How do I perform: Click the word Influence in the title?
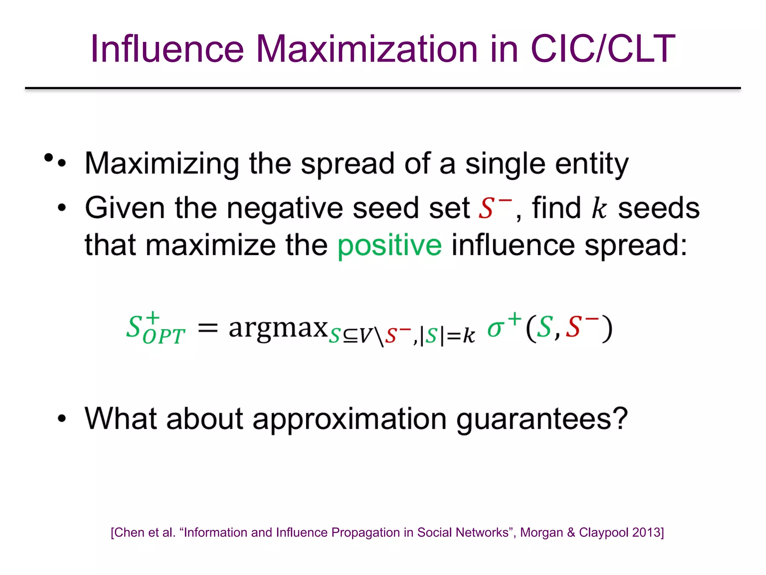167,49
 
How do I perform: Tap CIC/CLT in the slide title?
603,49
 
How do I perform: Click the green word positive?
389,246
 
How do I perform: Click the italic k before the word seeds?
599,208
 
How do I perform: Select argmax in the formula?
278,328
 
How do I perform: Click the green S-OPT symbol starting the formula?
154,329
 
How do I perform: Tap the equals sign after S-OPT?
208,328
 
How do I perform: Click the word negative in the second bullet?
285,208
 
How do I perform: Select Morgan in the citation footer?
541,532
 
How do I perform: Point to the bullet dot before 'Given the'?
62,207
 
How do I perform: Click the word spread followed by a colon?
632,246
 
